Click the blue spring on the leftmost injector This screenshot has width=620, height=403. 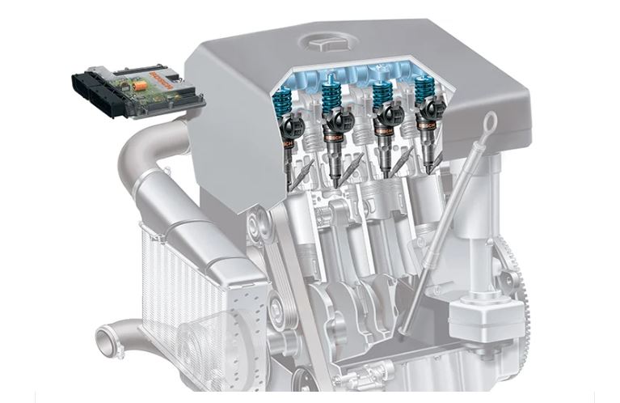[288, 102]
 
